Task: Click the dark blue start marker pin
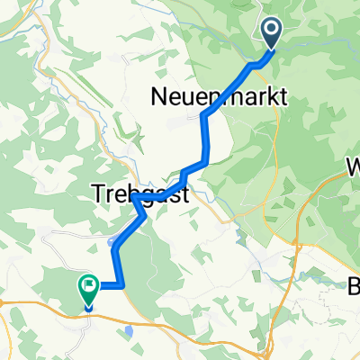click(272, 35)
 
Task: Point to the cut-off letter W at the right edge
click(353, 167)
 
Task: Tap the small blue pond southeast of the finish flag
click(130, 331)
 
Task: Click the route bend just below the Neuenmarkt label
click(206, 116)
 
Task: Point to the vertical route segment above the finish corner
click(116, 268)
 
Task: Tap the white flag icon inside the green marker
click(89, 287)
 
